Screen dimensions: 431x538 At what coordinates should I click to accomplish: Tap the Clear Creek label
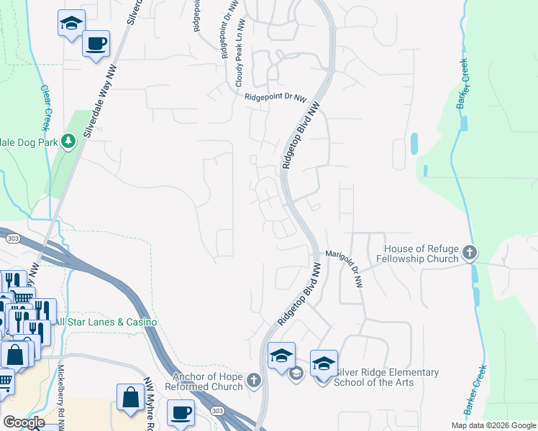click(46, 108)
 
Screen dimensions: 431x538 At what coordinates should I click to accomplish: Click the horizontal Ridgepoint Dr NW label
click(275, 98)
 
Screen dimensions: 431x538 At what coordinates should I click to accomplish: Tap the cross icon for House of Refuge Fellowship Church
click(470, 252)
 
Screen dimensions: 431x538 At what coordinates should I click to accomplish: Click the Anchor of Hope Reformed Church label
click(207, 381)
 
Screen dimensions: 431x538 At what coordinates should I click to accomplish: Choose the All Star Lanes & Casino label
click(106, 323)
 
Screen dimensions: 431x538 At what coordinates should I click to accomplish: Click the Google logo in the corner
click(24, 422)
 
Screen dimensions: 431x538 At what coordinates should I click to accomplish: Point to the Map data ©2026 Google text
click(493, 425)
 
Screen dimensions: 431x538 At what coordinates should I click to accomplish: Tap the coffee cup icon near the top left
click(96, 43)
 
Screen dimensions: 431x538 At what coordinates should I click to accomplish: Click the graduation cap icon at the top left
click(70, 22)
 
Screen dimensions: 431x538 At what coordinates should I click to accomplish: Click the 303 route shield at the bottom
click(217, 409)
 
